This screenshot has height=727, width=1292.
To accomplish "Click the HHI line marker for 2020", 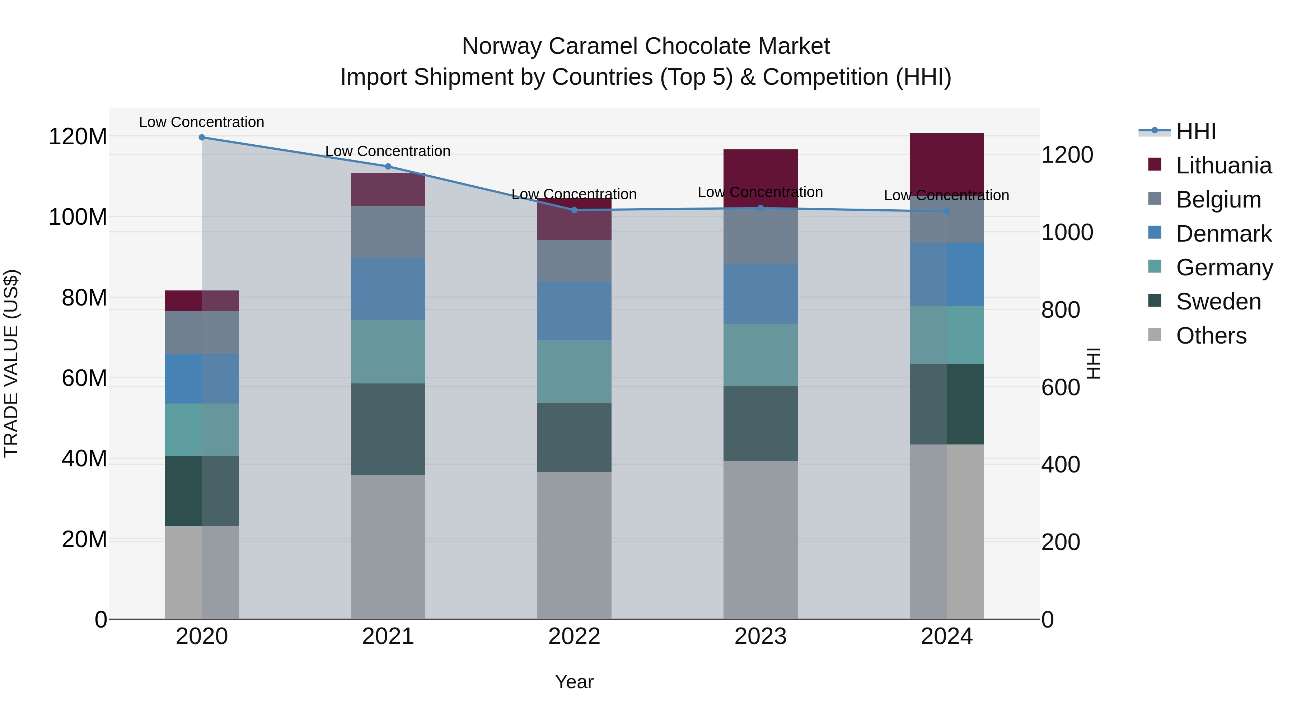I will point(202,138).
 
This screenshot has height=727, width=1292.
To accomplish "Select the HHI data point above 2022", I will point(574,210).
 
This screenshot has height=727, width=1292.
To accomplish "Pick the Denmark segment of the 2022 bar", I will point(574,311).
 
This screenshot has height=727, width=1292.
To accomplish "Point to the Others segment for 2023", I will point(760,540).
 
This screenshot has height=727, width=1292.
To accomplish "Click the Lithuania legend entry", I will point(1223,166).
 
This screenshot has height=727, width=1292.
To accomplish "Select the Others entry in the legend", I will point(1211,336).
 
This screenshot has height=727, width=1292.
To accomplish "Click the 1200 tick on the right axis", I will point(1067,155).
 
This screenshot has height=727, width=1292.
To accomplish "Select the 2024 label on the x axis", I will point(946,637).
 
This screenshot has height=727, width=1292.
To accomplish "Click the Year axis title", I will point(574,682).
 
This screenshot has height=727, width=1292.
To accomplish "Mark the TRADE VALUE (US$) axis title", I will point(11,363).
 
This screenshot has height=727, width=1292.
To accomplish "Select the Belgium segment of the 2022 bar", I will point(574,261).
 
